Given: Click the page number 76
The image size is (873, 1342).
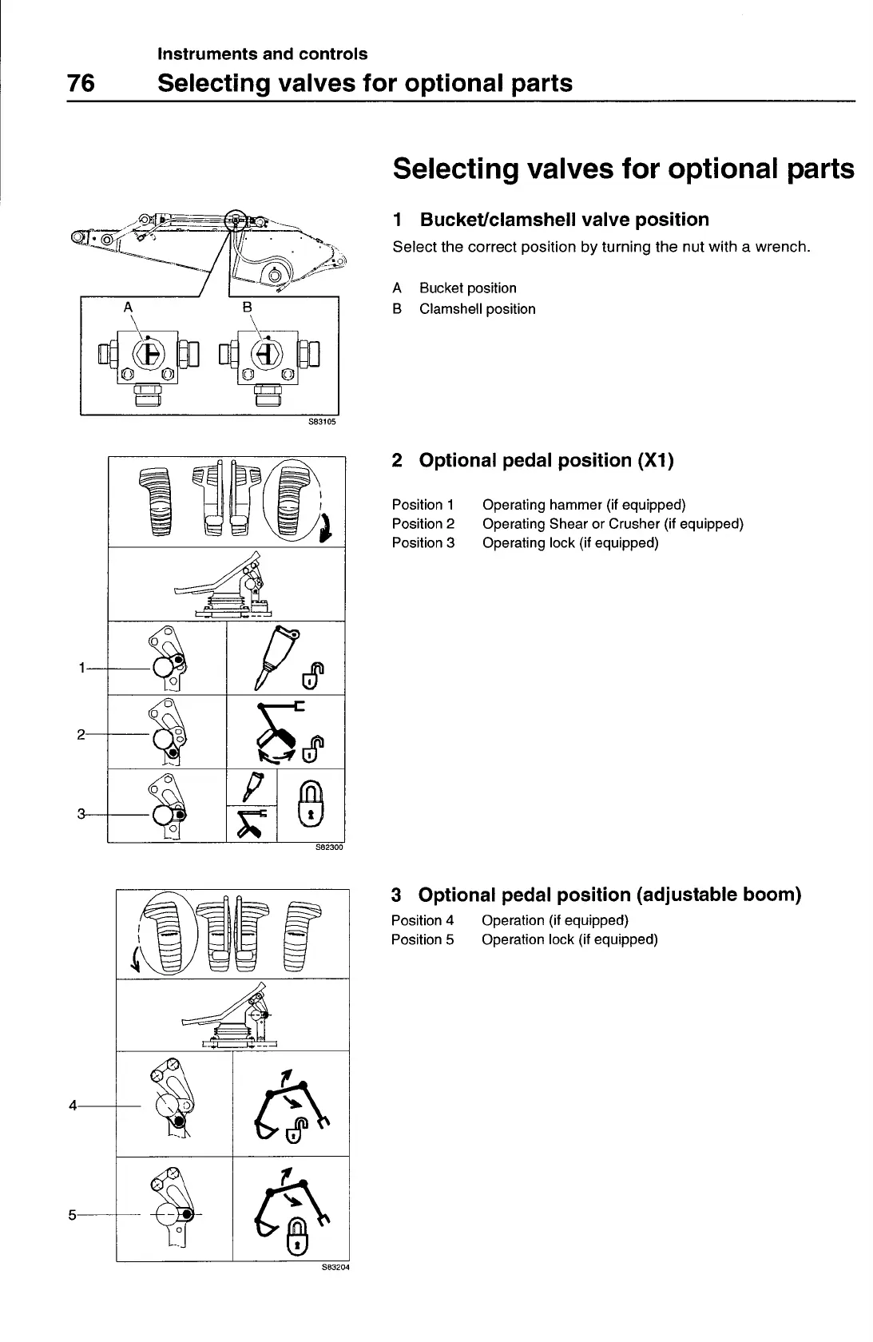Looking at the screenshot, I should tap(81, 83).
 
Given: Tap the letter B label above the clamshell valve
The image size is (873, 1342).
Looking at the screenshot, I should tap(247, 306).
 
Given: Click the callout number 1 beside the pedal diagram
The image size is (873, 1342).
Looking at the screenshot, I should tap(82, 668).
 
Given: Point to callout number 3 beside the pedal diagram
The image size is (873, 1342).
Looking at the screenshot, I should tap(81, 814).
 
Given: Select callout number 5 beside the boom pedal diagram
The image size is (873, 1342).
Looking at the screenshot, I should tap(73, 1215).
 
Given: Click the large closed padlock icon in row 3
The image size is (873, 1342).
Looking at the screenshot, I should tap(312, 804).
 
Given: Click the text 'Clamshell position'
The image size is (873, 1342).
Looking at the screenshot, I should tap(477, 309).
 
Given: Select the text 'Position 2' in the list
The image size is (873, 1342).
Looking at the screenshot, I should tap(423, 524).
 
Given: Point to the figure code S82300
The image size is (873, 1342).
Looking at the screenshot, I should tap(328, 848).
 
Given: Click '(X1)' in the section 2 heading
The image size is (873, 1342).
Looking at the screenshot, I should tap(655, 461).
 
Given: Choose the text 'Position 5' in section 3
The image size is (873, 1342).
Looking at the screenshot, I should tap(422, 939).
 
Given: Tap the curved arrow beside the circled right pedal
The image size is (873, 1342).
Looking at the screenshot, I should tap(325, 528).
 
